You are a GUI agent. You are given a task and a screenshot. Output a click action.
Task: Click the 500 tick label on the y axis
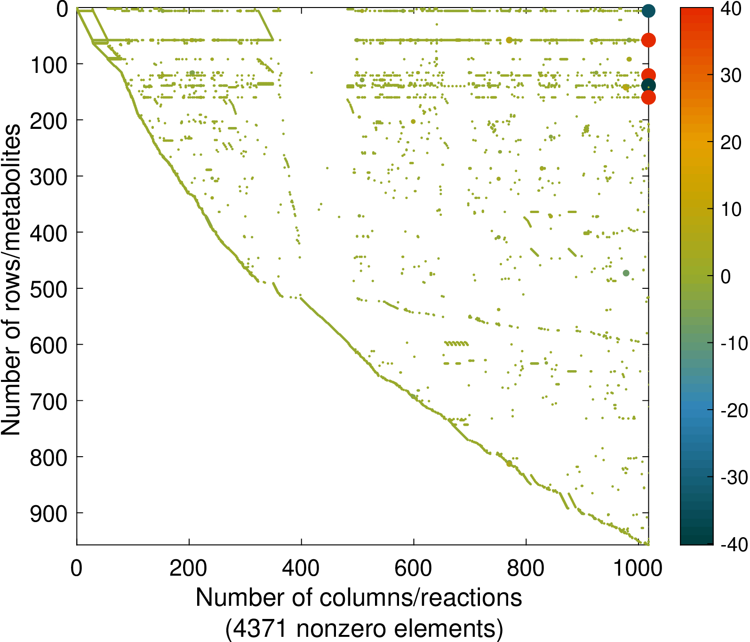(48, 289)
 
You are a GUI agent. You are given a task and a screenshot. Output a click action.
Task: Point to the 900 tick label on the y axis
(48, 514)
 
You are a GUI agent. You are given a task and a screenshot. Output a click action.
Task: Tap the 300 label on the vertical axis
(48, 177)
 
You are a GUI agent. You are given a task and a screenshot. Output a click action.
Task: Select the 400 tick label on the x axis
(301, 568)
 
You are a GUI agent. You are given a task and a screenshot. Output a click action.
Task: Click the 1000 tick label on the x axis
(638, 568)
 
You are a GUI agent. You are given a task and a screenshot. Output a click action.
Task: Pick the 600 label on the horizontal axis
(413, 568)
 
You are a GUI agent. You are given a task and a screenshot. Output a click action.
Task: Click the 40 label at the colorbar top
(731, 9)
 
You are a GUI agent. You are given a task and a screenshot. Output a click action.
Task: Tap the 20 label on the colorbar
(731, 143)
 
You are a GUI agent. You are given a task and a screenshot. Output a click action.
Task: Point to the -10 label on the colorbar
(734, 343)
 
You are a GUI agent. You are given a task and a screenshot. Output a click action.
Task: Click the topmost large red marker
(648, 40)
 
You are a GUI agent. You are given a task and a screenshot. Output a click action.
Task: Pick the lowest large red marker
(648, 97)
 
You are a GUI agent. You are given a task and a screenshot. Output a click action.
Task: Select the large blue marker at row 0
(648, 11)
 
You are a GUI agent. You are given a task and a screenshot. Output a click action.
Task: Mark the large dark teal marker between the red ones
(648, 86)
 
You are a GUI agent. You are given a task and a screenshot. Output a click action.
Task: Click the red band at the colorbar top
(696, 14)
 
